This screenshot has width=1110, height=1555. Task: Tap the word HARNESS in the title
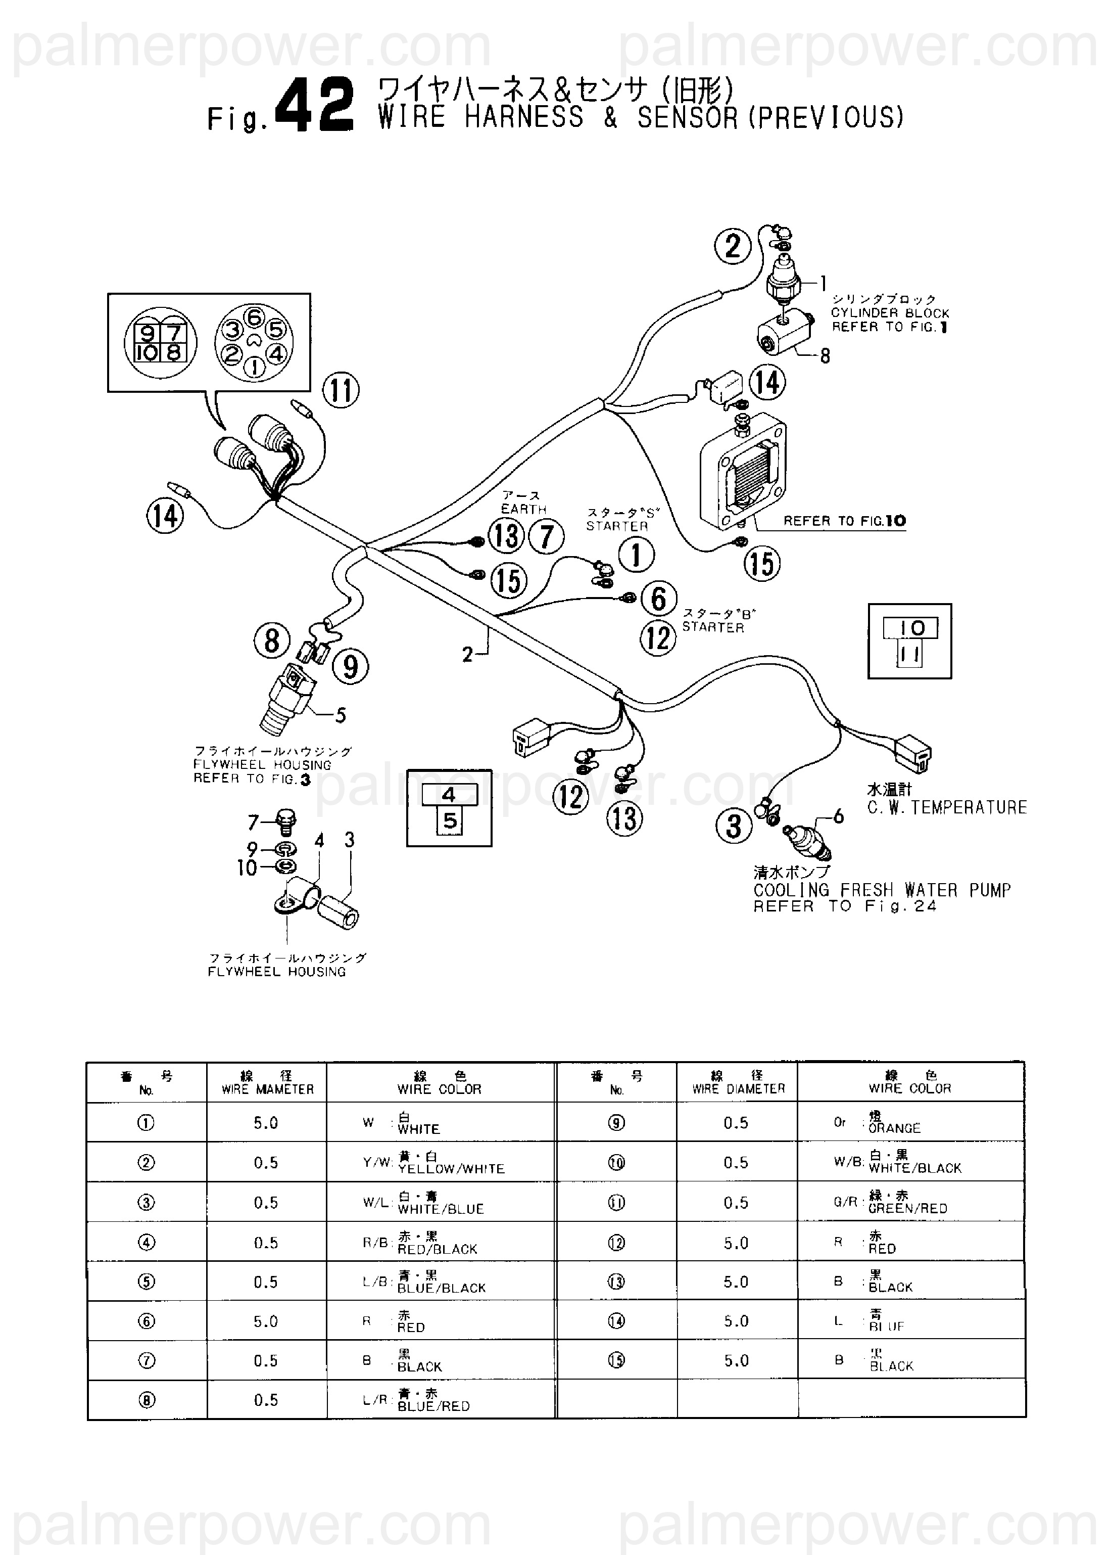click(524, 118)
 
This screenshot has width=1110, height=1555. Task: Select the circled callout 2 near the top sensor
click(733, 246)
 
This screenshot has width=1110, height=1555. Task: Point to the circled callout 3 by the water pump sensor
click(734, 826)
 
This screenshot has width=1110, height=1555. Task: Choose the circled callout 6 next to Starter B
click(659, 599)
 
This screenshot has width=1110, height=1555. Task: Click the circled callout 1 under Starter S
click(636, 555)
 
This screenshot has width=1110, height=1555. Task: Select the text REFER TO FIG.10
click(844, 521)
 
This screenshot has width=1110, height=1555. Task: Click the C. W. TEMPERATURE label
click(947, 808)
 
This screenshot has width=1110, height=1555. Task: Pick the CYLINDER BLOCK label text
click(890, 313)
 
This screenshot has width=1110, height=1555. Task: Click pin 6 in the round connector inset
click(254, 318)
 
